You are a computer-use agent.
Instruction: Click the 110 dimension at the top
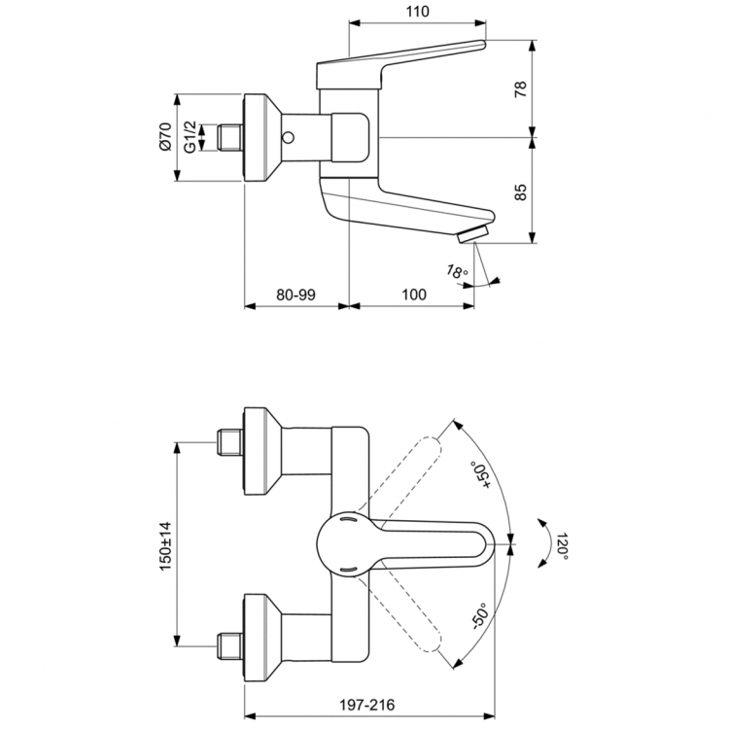click(x=416, y=12)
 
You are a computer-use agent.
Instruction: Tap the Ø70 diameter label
click(x=165, y=135)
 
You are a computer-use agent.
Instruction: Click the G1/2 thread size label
click(x=190, y=135)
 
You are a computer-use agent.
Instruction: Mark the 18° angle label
click(x=457, y=272)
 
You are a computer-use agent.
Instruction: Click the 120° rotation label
click(x=562, y=546)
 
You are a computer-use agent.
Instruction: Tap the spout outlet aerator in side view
click(x=474, y=234)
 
